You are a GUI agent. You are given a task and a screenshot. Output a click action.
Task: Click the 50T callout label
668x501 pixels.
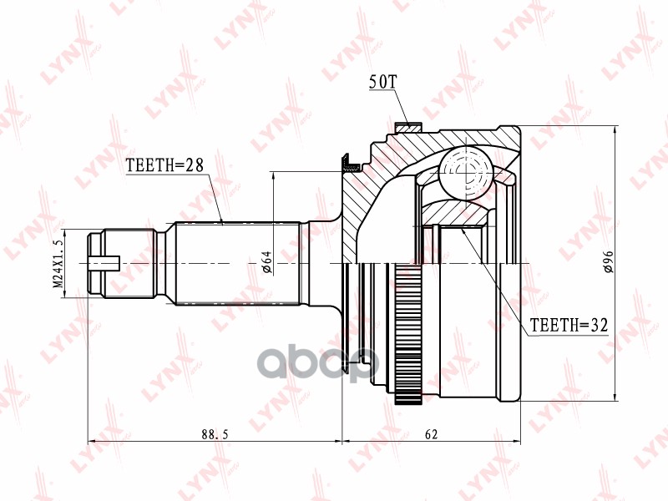point(382,82)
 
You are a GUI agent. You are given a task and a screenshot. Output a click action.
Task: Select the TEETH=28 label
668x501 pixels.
point(164,164)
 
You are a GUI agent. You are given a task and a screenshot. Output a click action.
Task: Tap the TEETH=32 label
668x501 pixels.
point(569,325)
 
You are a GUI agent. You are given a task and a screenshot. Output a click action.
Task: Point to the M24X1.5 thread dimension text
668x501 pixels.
point(58,264)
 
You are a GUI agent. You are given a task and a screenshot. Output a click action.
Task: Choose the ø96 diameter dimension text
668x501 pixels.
point(608,261)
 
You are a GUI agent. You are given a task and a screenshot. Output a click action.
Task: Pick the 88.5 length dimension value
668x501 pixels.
point(215,434)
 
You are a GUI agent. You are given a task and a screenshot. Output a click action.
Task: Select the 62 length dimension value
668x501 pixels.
point(431,434)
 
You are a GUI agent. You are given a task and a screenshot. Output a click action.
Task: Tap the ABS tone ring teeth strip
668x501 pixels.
point(408,333)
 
